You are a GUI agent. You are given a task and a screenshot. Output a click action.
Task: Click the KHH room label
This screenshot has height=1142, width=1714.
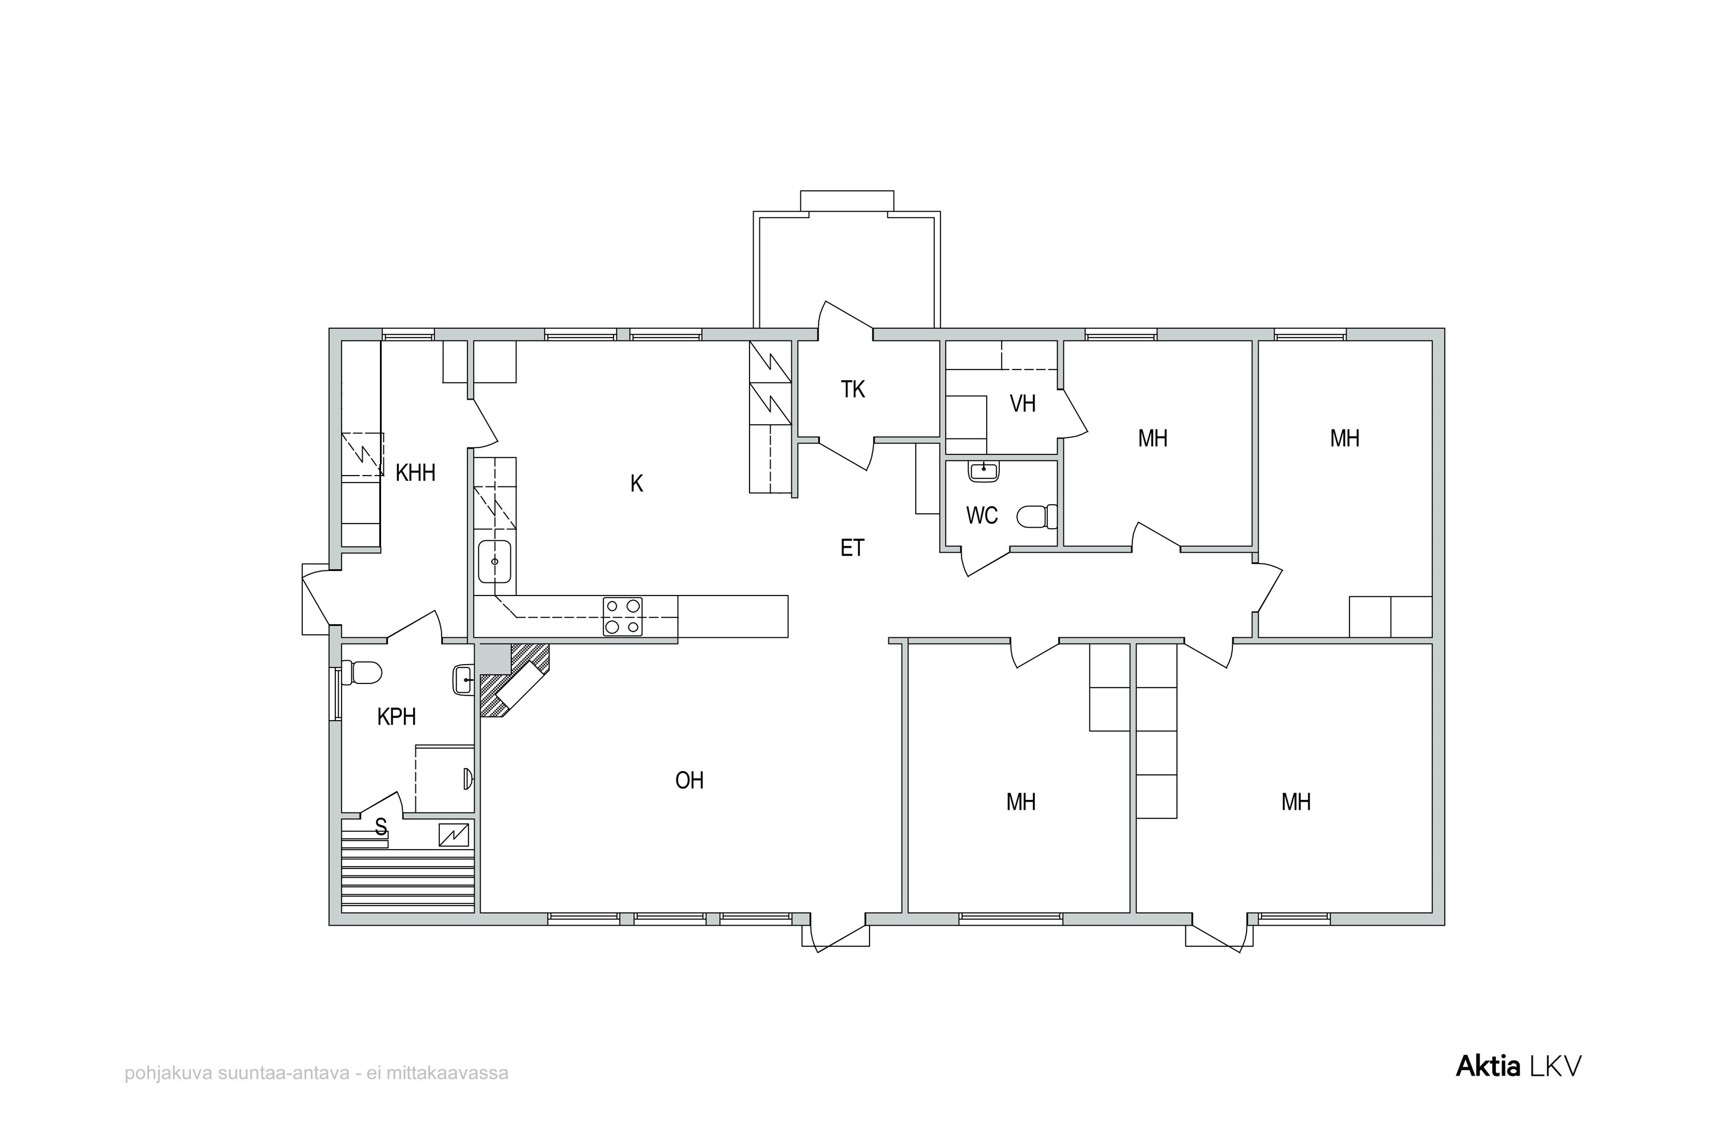415,473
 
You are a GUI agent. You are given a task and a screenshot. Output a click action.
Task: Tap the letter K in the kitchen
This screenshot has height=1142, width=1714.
637,484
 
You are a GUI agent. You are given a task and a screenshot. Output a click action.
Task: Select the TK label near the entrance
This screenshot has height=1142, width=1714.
852,389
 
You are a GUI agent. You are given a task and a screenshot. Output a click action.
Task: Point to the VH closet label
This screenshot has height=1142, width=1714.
1023,404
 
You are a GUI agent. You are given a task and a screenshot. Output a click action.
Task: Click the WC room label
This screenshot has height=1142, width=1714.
982,516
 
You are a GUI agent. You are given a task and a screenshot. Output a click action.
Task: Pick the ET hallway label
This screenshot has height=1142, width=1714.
852,548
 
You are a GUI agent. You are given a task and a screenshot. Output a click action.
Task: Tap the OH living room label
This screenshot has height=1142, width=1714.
690,781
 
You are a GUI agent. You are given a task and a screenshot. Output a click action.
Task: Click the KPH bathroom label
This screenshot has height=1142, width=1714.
397,717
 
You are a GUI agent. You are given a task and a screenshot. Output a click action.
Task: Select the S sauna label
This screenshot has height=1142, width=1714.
381,827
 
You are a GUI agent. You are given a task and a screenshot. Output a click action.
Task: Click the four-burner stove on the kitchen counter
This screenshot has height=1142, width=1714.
622,616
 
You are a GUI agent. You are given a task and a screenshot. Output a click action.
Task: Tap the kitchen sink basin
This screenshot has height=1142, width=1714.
495,561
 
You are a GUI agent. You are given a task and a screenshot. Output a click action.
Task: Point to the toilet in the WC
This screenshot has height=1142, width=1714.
1037,517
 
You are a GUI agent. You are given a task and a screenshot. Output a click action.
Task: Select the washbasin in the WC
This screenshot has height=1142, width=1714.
984,471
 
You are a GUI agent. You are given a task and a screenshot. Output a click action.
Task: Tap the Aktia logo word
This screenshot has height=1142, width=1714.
1488,1067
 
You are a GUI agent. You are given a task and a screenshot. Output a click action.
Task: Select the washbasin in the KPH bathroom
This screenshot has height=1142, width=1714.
464,680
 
